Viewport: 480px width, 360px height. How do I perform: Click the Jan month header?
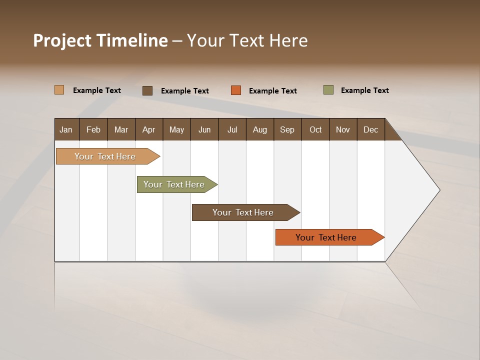click(x=66, y=130)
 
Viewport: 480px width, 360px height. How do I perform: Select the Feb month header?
click(x=93, y=130)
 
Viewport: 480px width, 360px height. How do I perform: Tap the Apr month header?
click(x=148, y=130)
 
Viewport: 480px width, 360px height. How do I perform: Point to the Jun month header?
click(x=204, y=130)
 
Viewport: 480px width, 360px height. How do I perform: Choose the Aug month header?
click(x=259, y=130)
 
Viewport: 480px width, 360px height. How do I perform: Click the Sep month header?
click(x=287, y=130)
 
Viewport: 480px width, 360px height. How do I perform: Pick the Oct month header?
click(x=315, y=130)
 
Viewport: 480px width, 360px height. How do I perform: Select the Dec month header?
click(x=370, y=130)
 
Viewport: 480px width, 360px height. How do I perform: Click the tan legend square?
click(x=59, y=90)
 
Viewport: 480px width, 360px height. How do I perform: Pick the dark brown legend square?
click(x=147, y=90)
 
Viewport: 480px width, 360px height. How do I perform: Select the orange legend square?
click(x=236, y=90)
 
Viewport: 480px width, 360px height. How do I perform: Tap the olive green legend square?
click(x=328, y=90)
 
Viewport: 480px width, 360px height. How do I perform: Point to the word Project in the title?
click(x=62, y=40)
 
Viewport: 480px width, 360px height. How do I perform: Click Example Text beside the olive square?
click(x=364, y=90)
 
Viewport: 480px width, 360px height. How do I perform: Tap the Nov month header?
click(x=343, y=130)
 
